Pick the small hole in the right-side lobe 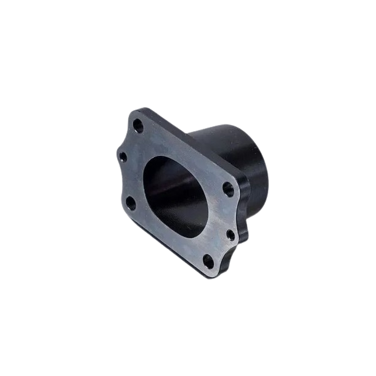pyautogui.click(x=231, y=235)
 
